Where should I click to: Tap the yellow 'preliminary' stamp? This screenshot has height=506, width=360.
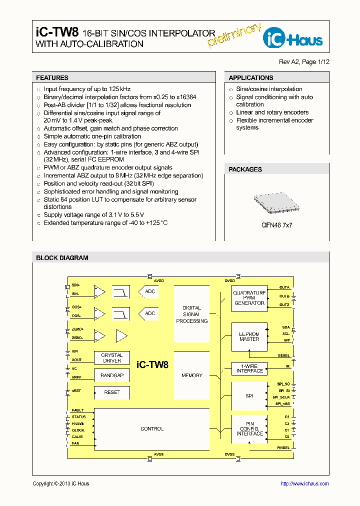pyautogui.click(x=233, y=35)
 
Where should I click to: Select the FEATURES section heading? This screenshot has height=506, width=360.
pyautogui.click(x=52, y=78)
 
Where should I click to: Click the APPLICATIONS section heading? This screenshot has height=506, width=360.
pyautogui.click(x=251, y=78)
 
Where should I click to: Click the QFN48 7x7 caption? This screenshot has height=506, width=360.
pyautogui.click(x=276, y=225)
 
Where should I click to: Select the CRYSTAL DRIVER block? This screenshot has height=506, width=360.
pyautogui.click(x=112, y=358)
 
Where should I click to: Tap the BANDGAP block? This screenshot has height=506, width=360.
pyautogui.click(x=112, y=375)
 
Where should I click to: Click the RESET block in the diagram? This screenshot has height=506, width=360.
pyautogui.click(x=112, y=392)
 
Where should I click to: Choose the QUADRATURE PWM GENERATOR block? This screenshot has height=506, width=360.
pyautogui.click(x=249, y=298)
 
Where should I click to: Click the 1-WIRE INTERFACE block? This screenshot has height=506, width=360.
pyautogui.click(x=249, y=368)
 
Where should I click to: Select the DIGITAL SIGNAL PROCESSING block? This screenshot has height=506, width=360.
pyautogui.click(x=191, y=314)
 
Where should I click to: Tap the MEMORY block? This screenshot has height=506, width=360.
pyautogui.click(x=191, y=375)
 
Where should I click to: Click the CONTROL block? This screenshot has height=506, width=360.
pyautogui.click(x=152, y=428)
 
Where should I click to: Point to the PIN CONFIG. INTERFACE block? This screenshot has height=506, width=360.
pyautogui.click(x=249, y=429)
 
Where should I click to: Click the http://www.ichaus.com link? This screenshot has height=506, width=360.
pyautogui.click(x=304, y=483)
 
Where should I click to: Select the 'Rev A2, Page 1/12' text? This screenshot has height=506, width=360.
pyautogui.click(x=304, y=62)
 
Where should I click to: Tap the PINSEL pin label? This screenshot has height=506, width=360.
pyautogui.click(x=283, y=448)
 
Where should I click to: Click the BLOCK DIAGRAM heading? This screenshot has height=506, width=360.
pyautogui.click(x=62, y=258)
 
